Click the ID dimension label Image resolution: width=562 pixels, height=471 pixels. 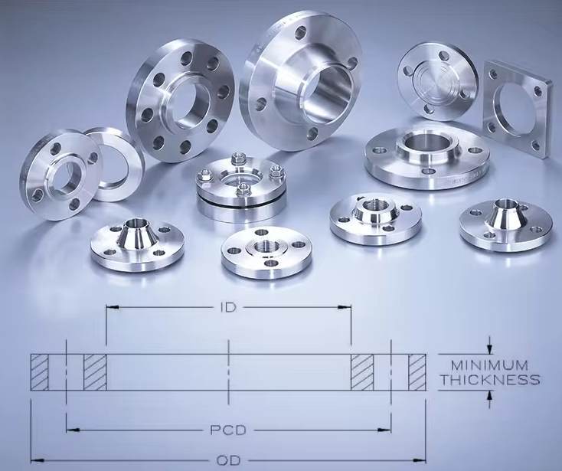[x=228, y=308]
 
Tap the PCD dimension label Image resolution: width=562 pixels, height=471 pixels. [x=228, y=430]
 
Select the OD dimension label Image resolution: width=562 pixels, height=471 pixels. [x=228, y=460]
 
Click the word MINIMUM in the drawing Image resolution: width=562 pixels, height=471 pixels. [x=489, y=365]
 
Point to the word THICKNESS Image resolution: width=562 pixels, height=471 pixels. [x=490, y=380]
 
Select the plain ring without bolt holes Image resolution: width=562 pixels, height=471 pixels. [x=114, y=164]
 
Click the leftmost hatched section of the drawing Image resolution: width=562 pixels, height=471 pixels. [x=39, y=372]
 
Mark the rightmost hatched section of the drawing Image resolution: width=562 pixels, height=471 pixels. [x=417, y=372]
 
